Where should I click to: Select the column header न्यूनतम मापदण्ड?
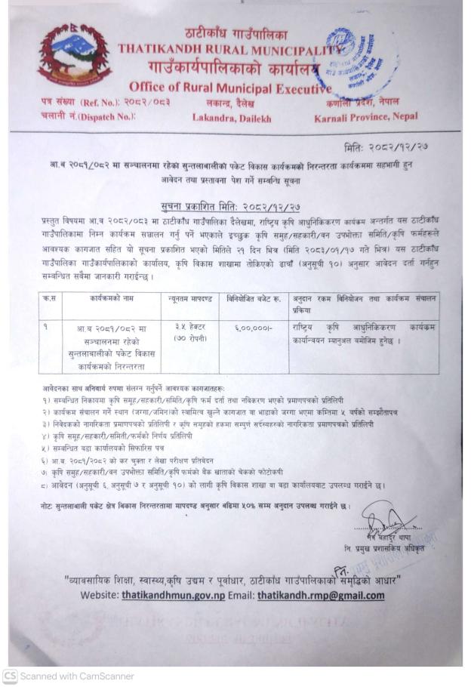pos(189,300)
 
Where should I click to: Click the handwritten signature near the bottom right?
pos(386,520)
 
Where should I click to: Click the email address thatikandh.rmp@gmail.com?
pos(320,596)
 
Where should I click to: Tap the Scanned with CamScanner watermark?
pos(68,676)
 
